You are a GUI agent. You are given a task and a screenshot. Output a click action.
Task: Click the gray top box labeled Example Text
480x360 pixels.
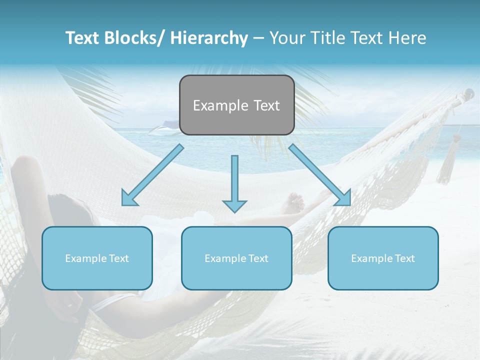coord(236,105)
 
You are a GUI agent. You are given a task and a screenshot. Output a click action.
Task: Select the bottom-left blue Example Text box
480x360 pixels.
coord(97,258)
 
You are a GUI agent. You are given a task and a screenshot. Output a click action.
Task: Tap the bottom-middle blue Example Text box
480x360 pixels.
coord(236,258)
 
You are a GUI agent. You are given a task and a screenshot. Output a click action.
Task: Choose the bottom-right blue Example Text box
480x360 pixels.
coord(383,258)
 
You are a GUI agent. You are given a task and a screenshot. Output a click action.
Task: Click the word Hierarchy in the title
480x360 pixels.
coord(209,38)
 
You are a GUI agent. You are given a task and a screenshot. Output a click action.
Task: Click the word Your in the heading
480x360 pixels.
coord(287,38)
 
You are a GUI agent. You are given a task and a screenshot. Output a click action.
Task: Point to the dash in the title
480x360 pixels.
coord(258,38)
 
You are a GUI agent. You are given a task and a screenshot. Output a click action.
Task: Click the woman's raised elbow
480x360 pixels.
coord(27,162)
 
